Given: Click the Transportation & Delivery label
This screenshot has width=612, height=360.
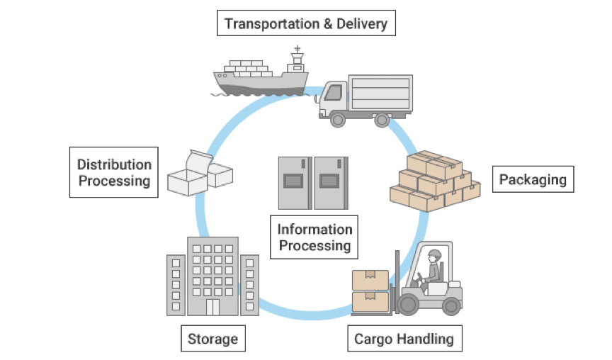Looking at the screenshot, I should [306, 24].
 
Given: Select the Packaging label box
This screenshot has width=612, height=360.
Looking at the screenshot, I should [533, 179].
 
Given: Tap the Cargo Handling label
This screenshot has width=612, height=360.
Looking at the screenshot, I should [404, 339].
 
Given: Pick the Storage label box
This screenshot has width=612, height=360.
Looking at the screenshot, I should [212, 339].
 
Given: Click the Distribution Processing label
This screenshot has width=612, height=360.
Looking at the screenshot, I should [114, 172].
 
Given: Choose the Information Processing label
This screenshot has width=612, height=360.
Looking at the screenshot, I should [314, 237].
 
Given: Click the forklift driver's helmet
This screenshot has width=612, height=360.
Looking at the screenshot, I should [434, 253].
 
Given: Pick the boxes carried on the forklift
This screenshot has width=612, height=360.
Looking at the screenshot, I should [370, 291].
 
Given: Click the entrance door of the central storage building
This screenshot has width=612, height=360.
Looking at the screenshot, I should [212, 307].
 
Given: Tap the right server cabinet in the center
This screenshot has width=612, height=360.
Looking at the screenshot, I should [331, 183].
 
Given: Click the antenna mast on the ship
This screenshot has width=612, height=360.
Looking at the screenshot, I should [297, 53].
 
